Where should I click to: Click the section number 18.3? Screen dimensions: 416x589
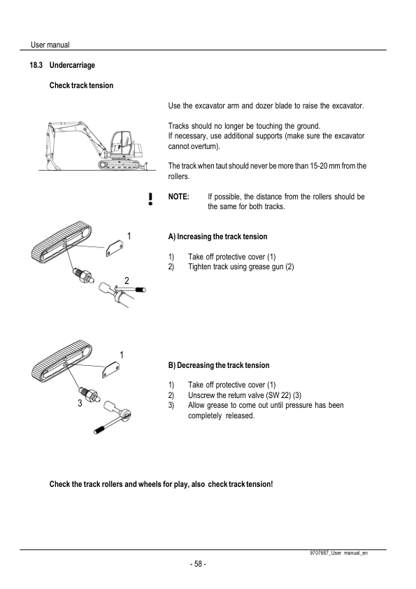(x=36, y=65)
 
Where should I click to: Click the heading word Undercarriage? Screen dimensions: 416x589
(x=72, y=65)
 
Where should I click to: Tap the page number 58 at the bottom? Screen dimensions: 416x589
(x=199, y=564)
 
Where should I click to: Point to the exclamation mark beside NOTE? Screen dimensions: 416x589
(x=150, y=199)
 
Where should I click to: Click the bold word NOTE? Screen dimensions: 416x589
(x=179, y=197)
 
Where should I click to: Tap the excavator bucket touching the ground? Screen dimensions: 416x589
(x=52, y=164)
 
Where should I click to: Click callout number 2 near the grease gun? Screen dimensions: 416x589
(x=127, y=281)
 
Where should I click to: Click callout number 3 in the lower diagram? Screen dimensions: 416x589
(x=80, y=404)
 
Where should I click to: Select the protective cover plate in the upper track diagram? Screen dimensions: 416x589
(x=115, y=248)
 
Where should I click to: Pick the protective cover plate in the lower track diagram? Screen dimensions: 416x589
(x=110, y=369)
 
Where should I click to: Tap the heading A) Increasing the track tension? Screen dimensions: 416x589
(x=217, y=236)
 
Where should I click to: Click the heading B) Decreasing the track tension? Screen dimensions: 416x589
(x=219, y=365)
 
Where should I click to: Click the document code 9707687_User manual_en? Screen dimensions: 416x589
(x=338, y=553)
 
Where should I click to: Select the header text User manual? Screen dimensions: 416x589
(x=50, y=45)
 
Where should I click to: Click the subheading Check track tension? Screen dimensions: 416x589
(x=81, y=85)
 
